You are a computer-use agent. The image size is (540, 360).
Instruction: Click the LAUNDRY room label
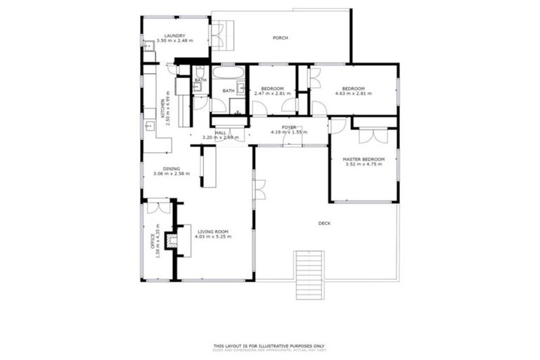coord(174,36)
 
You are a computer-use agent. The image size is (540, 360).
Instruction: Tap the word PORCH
coord(281,38)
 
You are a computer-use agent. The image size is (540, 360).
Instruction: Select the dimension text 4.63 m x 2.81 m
coord(356,93)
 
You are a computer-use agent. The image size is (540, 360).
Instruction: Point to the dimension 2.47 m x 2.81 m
coord(272,93)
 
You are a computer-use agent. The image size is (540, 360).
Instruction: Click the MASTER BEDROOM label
coord(364,160)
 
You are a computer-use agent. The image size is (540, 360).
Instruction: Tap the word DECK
coord(324,223)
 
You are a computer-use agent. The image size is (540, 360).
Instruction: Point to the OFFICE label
coord(153,240)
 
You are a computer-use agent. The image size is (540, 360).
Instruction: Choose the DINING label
coord(172,169)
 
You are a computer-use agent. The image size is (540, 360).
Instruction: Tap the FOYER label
coord(289,127)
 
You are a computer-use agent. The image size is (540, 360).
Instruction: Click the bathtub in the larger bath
coord(229,73)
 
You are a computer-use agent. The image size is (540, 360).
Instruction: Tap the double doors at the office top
coord(158,207)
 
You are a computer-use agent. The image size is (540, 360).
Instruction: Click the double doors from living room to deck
coord(259,189)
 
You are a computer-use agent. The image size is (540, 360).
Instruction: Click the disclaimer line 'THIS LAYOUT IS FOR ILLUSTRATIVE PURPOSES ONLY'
coord(269,345)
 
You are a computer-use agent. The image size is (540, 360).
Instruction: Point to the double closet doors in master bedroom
coord(373,134)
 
